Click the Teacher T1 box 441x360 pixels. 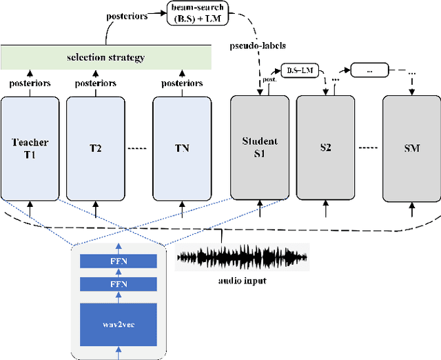[30, 147]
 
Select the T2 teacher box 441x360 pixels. [95, 147]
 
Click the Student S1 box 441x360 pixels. [259, 147]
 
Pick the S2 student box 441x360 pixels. [325, 147]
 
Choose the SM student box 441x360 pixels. [411, 147]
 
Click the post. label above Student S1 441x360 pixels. [270, 80]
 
